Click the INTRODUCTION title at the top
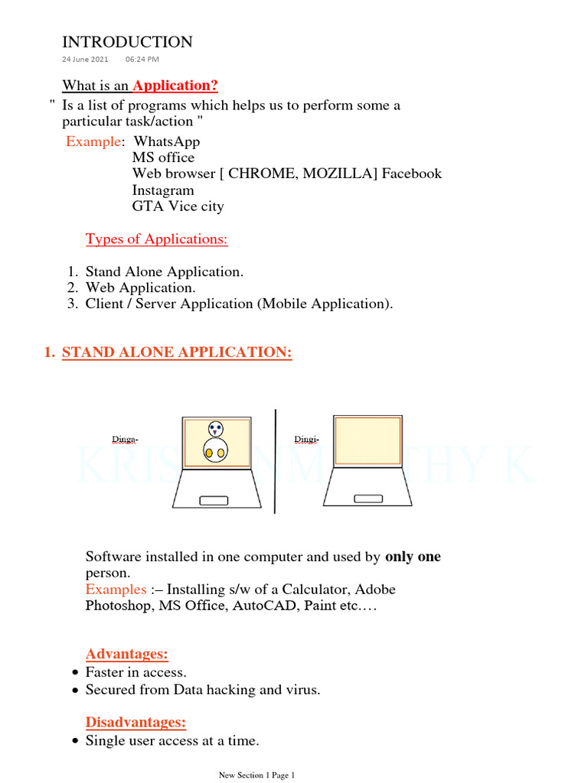pos(127,42)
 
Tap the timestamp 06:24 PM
pos(142,59)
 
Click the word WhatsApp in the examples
pos(166,141)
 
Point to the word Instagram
pos(163,190)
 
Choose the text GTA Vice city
pos(178,206)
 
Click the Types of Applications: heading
pos(156,239)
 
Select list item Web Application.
pos(141,288)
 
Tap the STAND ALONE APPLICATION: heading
pos(177,353)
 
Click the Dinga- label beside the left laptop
pos(125,439)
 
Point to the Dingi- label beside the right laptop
pos(306,439)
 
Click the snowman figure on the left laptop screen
pos(214,442)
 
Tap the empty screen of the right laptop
pos(368,440)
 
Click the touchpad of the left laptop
pos(214,500)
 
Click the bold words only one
pos(413,557)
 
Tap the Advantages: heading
pos(127,654)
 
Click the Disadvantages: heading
pos(136,722)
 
